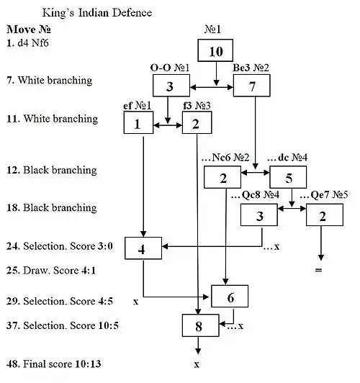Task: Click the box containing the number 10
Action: point(217,53)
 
